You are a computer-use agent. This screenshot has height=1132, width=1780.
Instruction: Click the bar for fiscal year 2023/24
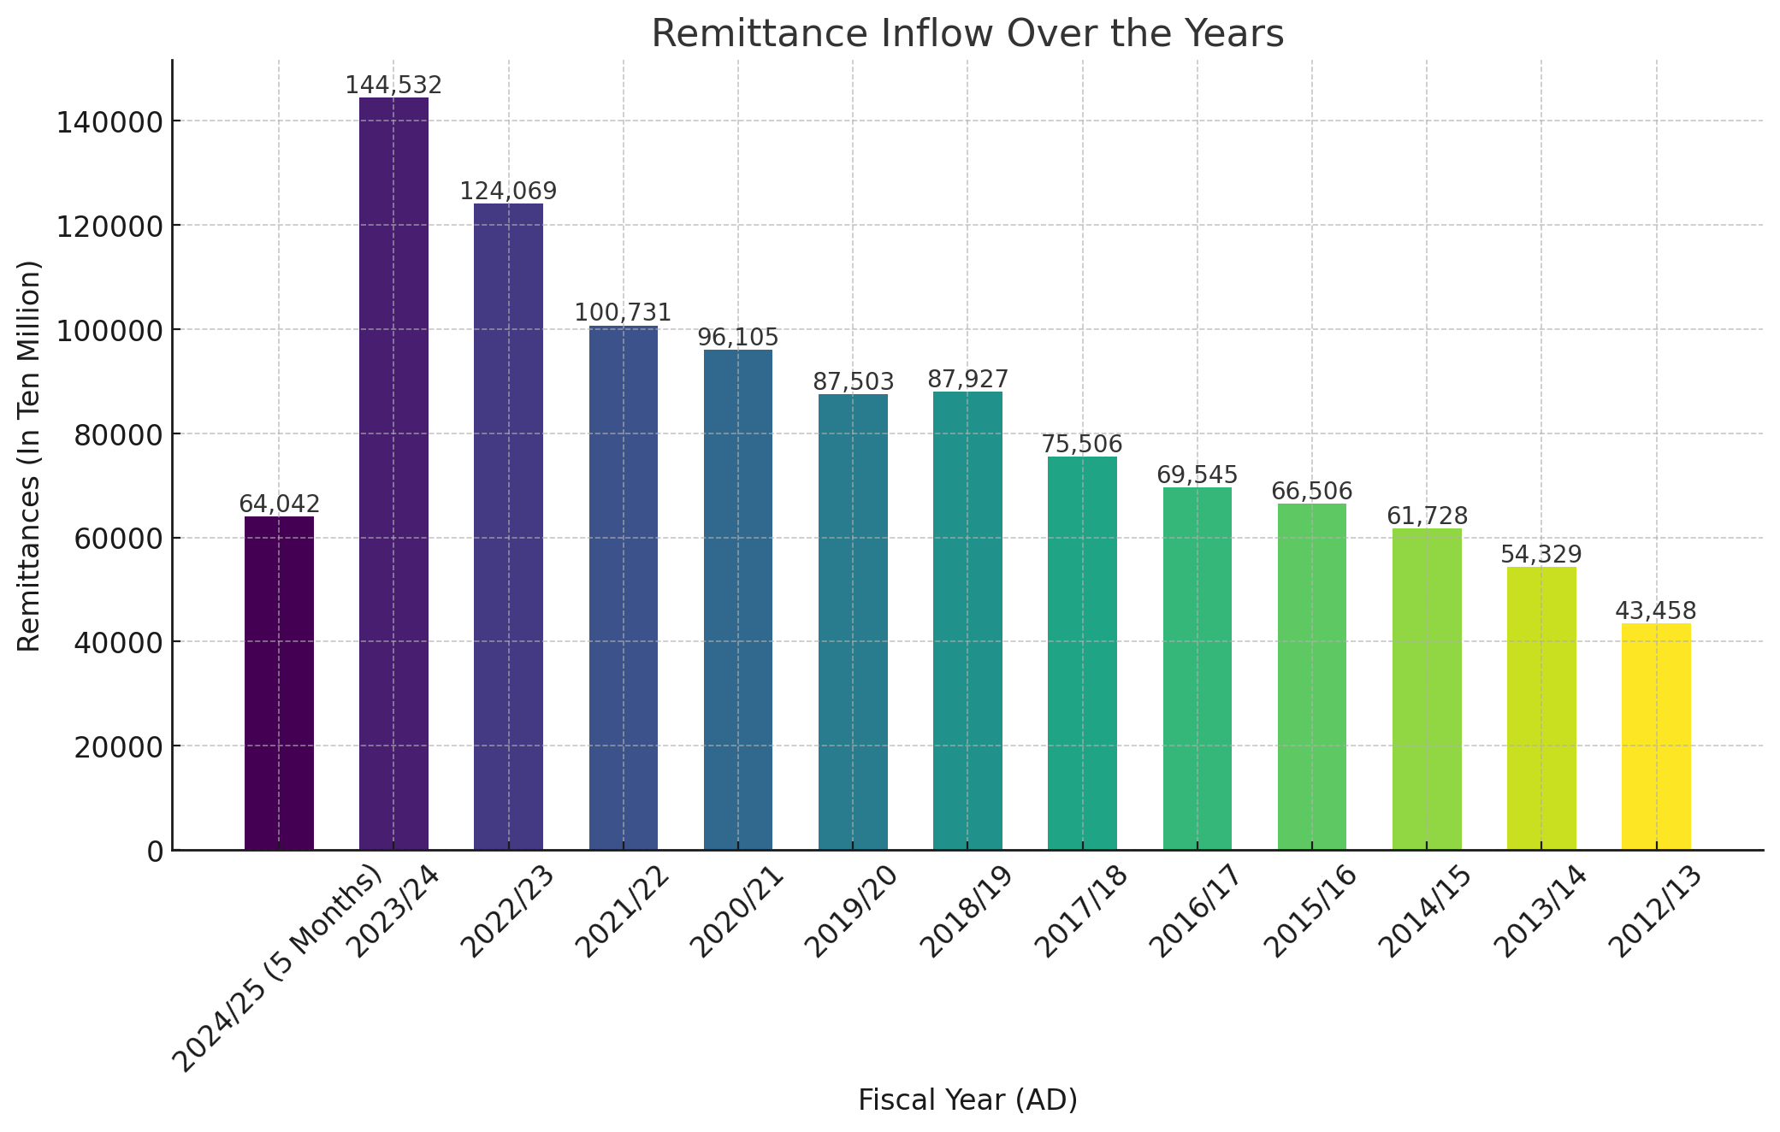point(393,474)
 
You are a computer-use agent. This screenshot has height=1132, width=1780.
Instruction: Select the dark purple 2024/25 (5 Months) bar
point(279,683)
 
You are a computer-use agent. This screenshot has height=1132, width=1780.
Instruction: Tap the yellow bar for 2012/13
point(1656,737)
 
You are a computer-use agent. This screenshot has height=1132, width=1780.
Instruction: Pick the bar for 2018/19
point(967,621)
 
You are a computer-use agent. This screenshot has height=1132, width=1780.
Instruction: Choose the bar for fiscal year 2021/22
point(624,588)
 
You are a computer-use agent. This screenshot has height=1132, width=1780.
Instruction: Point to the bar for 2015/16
point(1312,677)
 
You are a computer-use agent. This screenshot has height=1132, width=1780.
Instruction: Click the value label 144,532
point(393,85)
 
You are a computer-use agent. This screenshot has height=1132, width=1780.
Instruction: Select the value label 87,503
point(853,382)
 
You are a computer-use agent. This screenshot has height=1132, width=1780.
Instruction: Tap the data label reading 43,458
point(1656,611)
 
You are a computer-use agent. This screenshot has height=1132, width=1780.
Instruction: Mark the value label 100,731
point(624,313)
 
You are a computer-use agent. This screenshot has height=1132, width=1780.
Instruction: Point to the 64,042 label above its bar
point(279,504)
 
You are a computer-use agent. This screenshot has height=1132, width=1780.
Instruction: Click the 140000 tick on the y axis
point(110,121)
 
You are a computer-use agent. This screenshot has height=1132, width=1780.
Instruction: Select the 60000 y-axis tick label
point(119,539)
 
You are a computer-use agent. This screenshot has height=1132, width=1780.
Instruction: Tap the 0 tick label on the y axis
point(156,852)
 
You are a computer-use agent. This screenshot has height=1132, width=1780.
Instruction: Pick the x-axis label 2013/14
point(1538,913)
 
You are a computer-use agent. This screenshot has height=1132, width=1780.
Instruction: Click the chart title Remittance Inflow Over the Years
point(967,34)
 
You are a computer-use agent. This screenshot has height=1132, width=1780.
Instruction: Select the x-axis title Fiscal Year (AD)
point(967,1100)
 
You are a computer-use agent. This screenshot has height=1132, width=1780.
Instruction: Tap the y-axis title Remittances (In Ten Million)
point(30,456)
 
